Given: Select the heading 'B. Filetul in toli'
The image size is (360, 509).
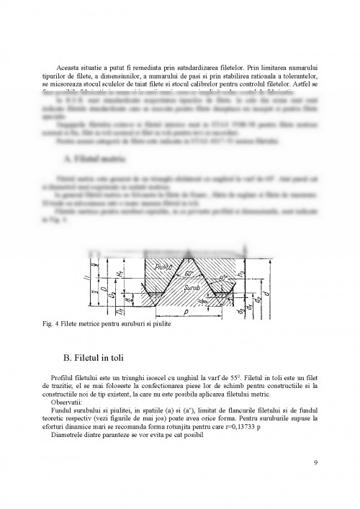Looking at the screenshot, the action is [106, 355].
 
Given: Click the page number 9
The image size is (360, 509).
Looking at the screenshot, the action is [316, 461].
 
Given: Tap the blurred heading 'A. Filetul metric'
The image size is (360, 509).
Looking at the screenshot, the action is [94, 155].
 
